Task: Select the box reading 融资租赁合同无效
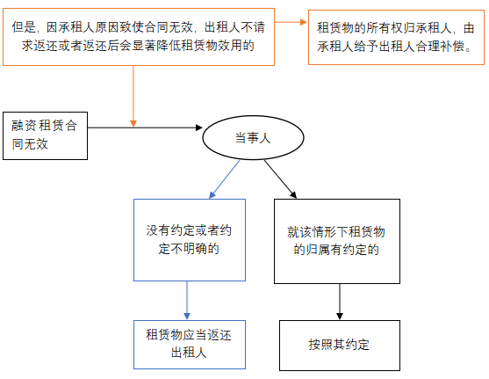45,135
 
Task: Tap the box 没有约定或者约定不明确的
188,239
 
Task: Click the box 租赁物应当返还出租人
188,344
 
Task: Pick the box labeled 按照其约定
339,344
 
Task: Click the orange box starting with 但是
140,37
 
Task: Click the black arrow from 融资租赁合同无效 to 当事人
145,128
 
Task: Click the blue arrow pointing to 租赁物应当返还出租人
188,299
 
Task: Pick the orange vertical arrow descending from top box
133,92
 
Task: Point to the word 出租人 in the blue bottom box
188,353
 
